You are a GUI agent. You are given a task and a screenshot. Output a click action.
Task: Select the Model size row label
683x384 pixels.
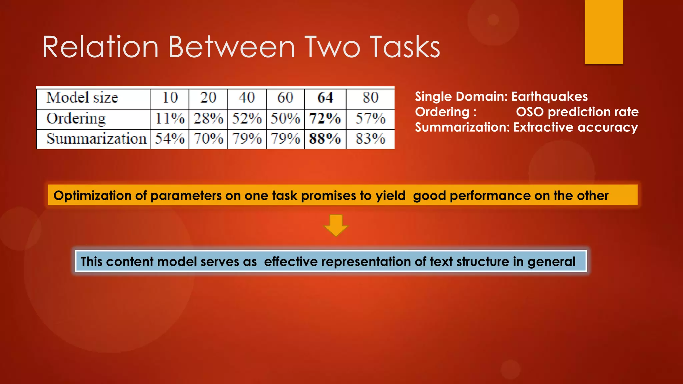[x=82, y=98]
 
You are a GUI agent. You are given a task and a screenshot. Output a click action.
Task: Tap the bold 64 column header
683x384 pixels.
[x=325, y=98]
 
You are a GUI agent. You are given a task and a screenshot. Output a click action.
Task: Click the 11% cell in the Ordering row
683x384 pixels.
[x=170, y=119]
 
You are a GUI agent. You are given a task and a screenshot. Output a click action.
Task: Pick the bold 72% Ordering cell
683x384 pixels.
[x=325, y=119]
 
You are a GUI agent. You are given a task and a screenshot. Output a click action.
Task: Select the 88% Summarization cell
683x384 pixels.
[x=325, y=139]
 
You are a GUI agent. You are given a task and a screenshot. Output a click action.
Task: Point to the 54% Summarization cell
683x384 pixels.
[x=170, y=139]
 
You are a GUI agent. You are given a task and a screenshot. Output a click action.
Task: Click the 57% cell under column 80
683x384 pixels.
[x=370, y=119]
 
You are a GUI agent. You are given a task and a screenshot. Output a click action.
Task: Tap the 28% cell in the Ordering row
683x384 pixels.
[x=208, y=119]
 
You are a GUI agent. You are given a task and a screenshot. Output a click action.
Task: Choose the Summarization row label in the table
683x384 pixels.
[x=96, y=139]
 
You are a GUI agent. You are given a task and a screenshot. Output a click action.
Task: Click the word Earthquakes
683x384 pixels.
[x=549, y=97]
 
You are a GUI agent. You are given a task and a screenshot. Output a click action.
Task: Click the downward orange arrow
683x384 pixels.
[x=336, y=226]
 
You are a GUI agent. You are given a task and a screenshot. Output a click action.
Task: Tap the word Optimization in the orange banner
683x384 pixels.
[x=92, y=195]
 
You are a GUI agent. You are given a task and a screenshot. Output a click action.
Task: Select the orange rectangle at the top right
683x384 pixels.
[x=604, y=32]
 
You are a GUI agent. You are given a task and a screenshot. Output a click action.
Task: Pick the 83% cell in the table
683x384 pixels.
[x=370, y=139]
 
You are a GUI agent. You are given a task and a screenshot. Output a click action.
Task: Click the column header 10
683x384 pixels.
[x=170, y=98]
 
